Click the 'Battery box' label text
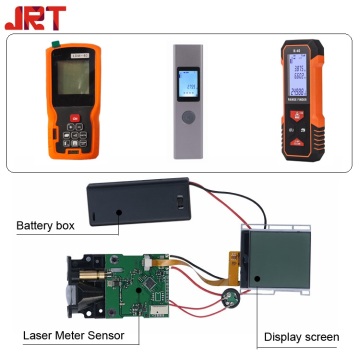click(45, 226)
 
